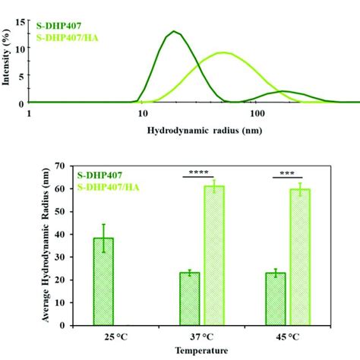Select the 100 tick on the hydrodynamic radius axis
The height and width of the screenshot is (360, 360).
point(257,113)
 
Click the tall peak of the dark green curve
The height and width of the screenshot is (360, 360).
point(175,32)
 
